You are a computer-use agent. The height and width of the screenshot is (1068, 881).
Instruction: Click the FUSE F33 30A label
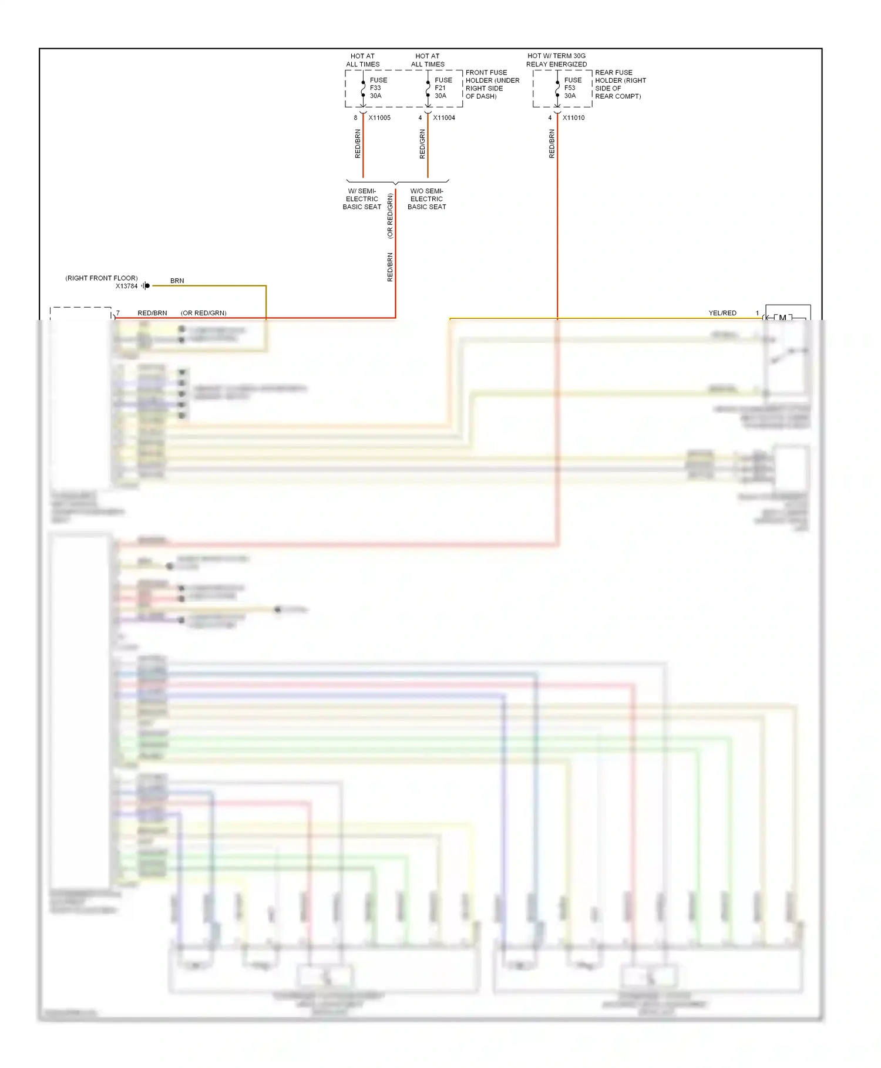[x=378, y=88]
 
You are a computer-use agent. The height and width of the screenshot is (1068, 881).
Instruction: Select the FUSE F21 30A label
[x=443, y=88]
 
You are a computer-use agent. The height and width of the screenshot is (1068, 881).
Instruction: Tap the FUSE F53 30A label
[x=572, y=88]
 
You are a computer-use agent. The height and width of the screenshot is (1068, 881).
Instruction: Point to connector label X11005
[x=379, y=118]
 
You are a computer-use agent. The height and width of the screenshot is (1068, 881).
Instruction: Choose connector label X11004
[x=444, y=118]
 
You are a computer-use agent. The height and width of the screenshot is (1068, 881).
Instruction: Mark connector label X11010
[x=573, y=118]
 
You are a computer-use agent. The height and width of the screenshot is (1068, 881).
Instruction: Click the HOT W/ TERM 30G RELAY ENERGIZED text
[x=556, y=60]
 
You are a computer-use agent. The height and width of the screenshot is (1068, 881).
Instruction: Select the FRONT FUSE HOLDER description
[x=492, y=85]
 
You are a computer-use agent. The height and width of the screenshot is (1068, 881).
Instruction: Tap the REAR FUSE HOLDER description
[x=620, y=85]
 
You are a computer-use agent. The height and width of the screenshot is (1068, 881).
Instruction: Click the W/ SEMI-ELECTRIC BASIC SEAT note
[x=362, y=199]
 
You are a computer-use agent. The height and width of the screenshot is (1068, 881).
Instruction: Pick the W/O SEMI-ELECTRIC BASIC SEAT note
[x=427, y=199]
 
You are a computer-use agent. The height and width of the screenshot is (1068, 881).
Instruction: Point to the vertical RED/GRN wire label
[x=422, y=144]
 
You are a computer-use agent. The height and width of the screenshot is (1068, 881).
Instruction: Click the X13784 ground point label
[x=126, y=287]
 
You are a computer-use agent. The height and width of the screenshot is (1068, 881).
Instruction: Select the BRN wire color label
[x=177, y=281]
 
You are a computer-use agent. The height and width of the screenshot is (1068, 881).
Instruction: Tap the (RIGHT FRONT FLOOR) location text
[x=101, y=278]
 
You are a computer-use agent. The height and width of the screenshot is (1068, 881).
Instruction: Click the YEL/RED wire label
[x=722, y=314]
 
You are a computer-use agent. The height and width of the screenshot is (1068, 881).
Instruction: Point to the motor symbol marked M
[x=782, y=318]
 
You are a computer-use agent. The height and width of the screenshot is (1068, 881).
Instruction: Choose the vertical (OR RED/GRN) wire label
[x=390, y=216]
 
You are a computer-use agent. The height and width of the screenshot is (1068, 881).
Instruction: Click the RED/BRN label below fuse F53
[x=552, y=144]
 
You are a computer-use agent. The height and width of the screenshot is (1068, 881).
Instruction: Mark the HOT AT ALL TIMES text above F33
[x=362, y=60]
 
